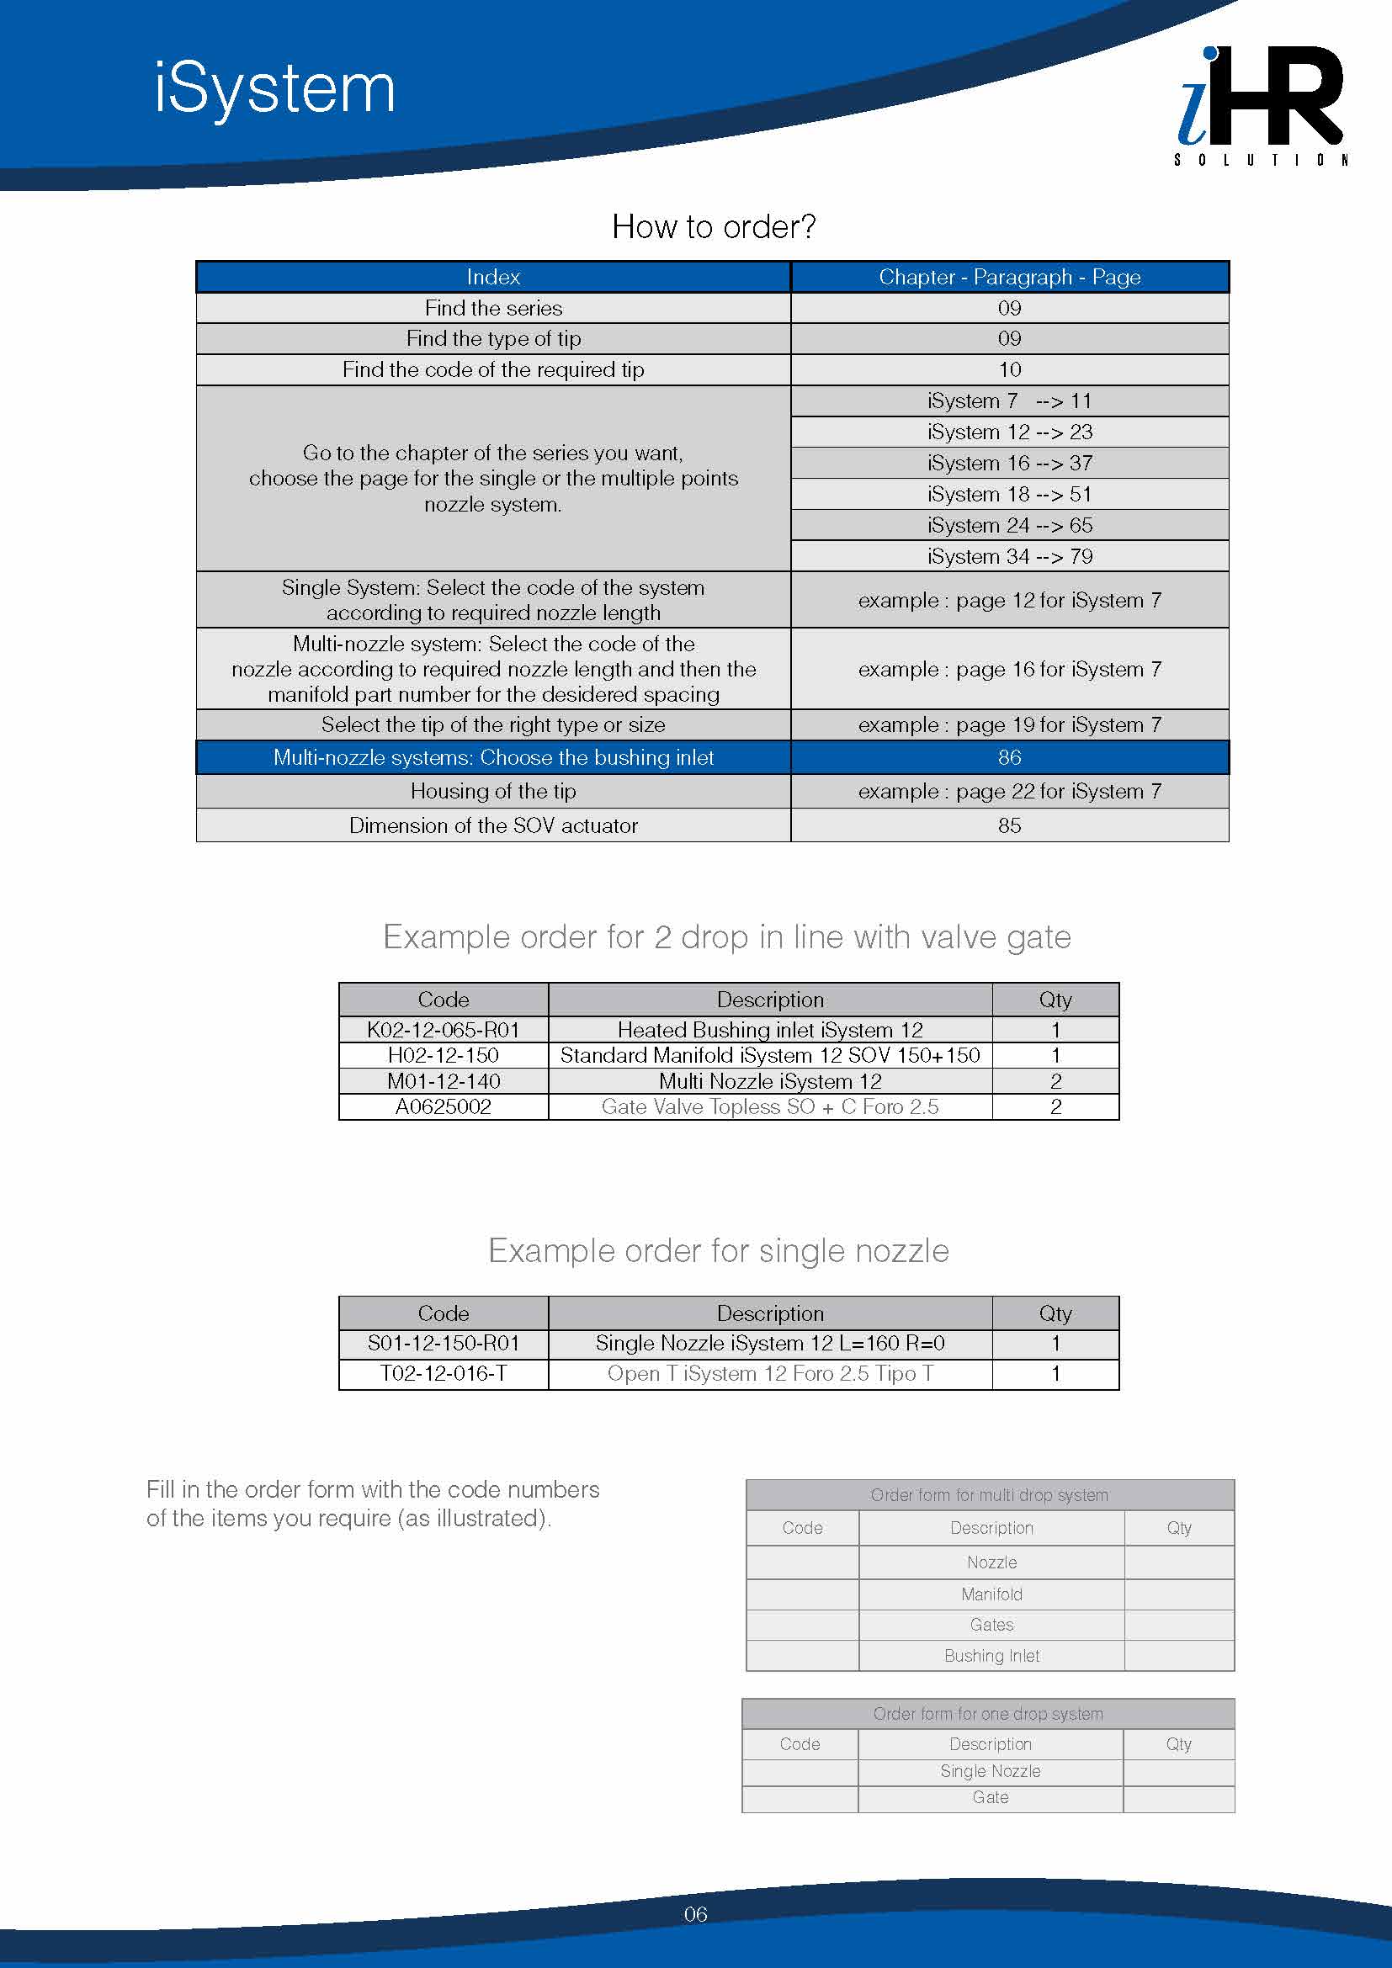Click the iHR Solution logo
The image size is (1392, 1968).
[1259, 103]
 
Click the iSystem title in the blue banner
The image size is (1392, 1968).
[275, 89]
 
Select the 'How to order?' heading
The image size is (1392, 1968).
[713, 227]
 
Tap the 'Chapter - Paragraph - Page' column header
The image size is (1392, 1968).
[1009, 277]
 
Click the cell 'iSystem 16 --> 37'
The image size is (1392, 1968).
[1009, 463]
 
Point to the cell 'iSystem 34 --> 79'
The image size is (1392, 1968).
[1009, 556]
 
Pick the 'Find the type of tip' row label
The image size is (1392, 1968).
[493, 338]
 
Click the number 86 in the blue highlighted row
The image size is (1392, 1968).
[1009, 758]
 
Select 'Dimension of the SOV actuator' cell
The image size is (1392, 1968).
[493, 825]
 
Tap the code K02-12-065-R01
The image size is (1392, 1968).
[444, 1029]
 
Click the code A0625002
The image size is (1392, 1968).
[444, 1106]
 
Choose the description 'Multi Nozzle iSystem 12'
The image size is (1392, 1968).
[770, 1081]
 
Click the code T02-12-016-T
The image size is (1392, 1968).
[444, 1373]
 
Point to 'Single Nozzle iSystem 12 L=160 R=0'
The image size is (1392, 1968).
[770, 1343]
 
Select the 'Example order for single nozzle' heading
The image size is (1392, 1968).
[718, 1251]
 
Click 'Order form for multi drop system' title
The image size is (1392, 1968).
[989, 1495]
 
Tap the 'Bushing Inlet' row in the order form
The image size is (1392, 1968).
[991, 1656]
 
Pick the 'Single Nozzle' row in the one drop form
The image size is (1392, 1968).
[990, 1771]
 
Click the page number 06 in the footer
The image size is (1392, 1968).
[695, 1914]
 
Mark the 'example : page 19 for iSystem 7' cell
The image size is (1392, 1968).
[1009, 725]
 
